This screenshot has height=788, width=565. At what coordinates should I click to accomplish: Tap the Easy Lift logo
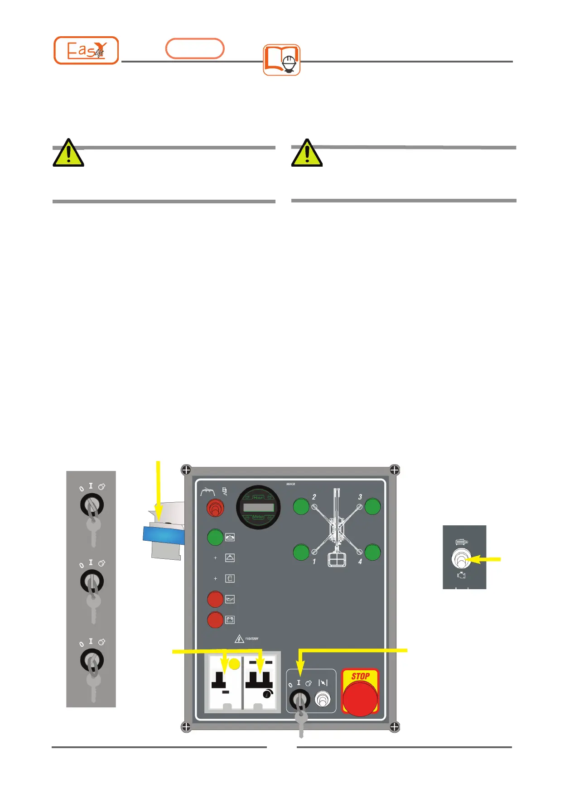pyautogui.click(x=86, y=50)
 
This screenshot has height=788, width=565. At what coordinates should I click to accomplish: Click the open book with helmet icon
pyautogui.click(x=281, y=60)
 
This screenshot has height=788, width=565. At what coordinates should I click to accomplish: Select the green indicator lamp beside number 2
pyautogui.click(x=301, y=506)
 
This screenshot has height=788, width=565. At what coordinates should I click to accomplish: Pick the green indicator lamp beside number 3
pyautogui.click(x=372, y=506)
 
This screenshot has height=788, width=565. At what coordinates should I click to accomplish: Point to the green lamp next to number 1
pyautogui.click(x=301, y=553)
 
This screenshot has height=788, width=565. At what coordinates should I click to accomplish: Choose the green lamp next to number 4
pyautogui.click(x=372, y=553)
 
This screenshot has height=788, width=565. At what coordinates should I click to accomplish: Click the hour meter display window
pyautogui.click(x=258, y=507)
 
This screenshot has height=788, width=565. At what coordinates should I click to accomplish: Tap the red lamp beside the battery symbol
pyautogui.click(x=215, y=620)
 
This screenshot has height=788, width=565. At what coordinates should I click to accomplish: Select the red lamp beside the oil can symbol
pyautogui.click(x=215, y=599)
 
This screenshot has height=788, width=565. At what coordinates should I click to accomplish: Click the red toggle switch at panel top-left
pyautogui.click(x=215, y=509)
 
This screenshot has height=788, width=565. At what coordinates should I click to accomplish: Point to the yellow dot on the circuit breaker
pyautogui.click(x=234, y=664)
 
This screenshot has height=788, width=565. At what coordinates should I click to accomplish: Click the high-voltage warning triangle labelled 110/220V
pyautogui.click(x=239, y=639)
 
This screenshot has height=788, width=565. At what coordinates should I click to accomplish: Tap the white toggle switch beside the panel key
pyautogui.click(x=322, y=700)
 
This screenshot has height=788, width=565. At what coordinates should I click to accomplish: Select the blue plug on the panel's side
pyautogui.click(x=164, y=535)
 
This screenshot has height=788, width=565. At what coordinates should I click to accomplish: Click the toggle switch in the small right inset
pyautogui.click(x=460, y=559)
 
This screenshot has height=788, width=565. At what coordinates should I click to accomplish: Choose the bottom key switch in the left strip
pyautogui.click(x=92, y=661)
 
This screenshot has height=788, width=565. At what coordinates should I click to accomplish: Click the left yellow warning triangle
pyautogui.click(x=68, y=153)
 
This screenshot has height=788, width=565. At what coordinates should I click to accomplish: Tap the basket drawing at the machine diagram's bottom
pyautogui.click(x=337, y=559)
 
